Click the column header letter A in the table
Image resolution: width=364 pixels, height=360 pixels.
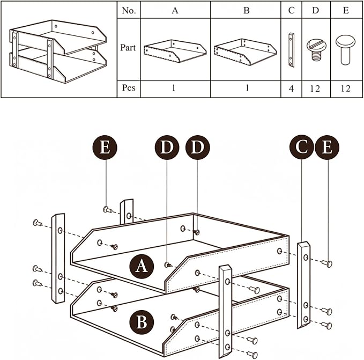pyautogui.click(x=175, y=10)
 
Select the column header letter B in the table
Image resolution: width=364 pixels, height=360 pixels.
pyautogui.click(x=246, y=10)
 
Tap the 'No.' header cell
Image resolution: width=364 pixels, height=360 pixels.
pyautogui.click(x=129, y=10)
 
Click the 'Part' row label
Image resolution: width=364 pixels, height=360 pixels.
pyautogui.click(x=129, y=48)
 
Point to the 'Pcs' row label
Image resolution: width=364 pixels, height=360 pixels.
pyautogui.click(x=129, y=88)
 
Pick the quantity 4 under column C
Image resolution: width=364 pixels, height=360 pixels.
pyautogui.click(x=291, y=88)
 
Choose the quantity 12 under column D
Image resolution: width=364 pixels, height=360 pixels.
pyautogui.click(x=315, y=88)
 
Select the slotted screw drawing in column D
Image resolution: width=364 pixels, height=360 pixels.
pyautogui.click(x=315, y=49)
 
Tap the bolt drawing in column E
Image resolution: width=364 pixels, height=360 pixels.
pyautogui.click(x=344, y=49)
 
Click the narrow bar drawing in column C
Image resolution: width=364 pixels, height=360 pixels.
pyautogui.click(x=291, y=49)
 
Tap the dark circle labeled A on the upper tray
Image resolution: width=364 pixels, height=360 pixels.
pyautogui.click(x=141, y=266)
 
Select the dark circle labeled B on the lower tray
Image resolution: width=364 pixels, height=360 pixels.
pyautogui.click(x=141, y=322)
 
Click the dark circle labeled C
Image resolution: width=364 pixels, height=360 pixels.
pyautogui.click(x=302, y=148)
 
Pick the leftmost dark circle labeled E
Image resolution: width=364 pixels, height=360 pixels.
pyautogui.click(x=105, y=148)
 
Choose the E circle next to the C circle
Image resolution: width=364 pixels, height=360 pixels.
pyautogui.click(x=327, y=148)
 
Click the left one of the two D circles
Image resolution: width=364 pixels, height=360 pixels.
pyautogui.click(x=167, y=148)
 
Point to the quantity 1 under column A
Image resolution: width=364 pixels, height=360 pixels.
pyautogui.click(x=174, y=88)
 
